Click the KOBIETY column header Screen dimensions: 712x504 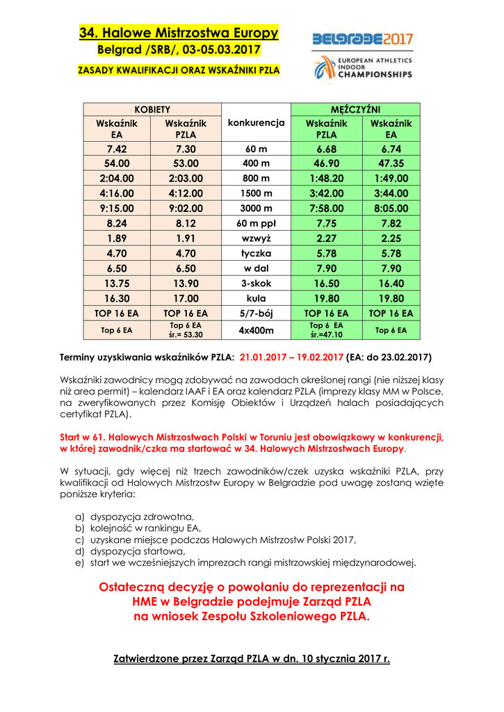(x=152, y=109)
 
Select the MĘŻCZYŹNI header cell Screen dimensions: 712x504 (x=356, y=109)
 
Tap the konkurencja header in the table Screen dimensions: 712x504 (x=257, y=122)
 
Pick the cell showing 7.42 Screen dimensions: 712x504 (x=117, y=149)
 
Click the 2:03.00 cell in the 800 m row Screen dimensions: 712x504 (x=186, y=179)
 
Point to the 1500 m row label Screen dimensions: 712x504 (x=257, y=193)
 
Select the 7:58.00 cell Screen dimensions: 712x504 (x=326, y=208)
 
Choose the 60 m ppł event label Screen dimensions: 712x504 (x=257, y=223)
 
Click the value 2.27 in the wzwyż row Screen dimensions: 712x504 (x=326, y=238)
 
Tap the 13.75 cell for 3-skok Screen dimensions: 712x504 (x=117, y=283)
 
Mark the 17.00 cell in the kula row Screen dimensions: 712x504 (x=186, y=298)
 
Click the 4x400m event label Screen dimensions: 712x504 (x=257, y=330)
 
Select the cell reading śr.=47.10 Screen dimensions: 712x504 (x=326, y=334)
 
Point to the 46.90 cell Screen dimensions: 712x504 (x=326, y=164)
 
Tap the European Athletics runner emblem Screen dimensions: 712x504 (x=324, y=68)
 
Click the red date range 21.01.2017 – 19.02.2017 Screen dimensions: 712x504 (x=291, y=357)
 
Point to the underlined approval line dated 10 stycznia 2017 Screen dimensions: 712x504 (x=252, y=658)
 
